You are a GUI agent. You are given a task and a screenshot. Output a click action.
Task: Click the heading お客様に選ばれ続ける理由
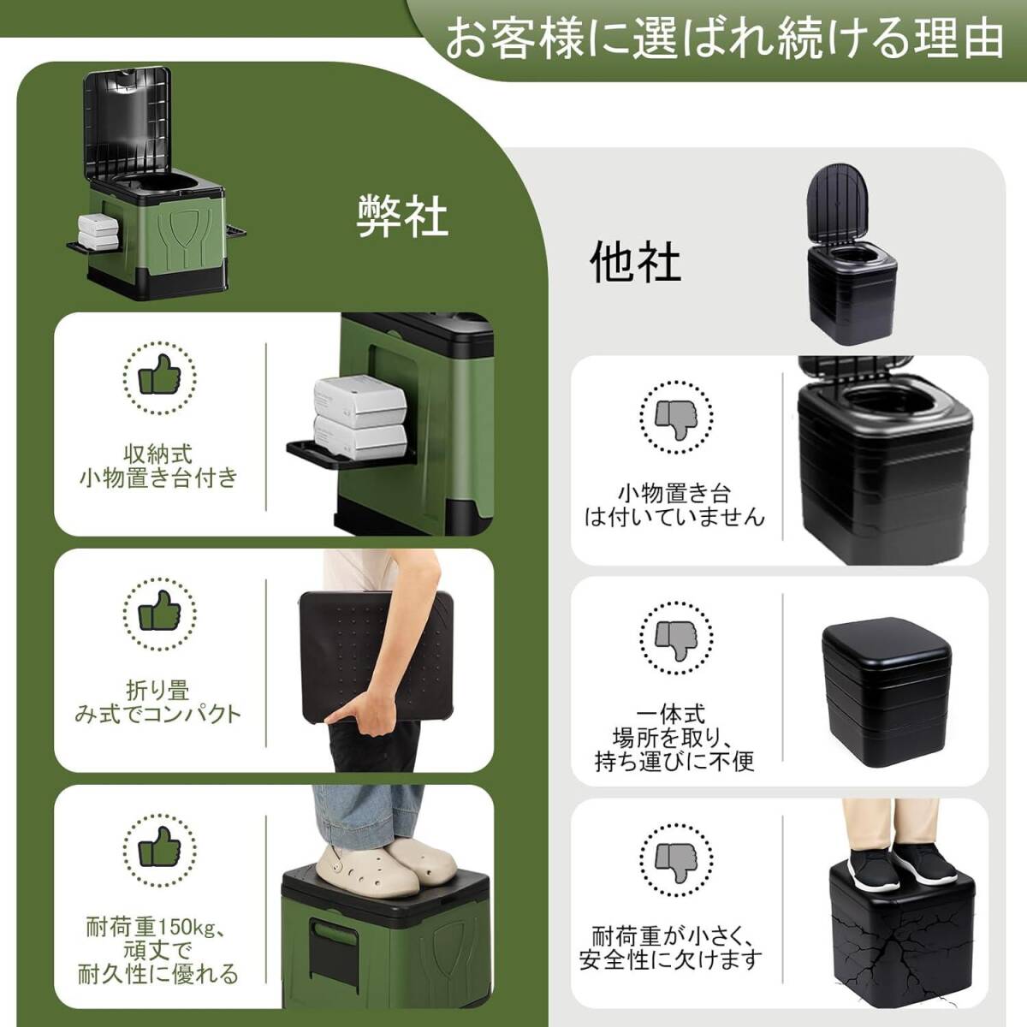coord(723,39)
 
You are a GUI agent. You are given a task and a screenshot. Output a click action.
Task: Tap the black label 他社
coord(635,262)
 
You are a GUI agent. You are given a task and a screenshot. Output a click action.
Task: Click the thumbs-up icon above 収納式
coord(159,378)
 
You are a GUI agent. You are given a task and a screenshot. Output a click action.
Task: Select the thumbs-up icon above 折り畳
coord(159,614)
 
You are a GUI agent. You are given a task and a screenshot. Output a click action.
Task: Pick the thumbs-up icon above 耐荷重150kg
coord(159,851)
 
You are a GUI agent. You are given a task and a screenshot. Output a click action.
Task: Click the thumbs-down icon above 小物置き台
coord(676,418)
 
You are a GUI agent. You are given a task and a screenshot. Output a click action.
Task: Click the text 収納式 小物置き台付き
coord(158,466)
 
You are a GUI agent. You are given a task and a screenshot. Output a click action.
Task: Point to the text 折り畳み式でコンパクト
coord(158,703)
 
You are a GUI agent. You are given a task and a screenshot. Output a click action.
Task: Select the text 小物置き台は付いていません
coord(674,505)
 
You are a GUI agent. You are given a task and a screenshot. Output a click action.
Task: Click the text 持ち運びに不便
coord(674,762)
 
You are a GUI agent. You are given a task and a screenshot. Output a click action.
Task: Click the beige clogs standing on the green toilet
coord(385,866)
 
